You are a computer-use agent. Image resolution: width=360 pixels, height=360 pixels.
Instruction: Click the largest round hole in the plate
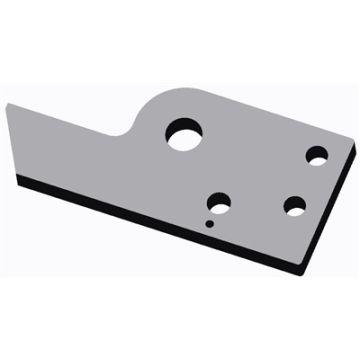pos(184,134)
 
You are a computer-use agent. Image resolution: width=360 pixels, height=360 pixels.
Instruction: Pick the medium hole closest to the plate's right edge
pos(318,157)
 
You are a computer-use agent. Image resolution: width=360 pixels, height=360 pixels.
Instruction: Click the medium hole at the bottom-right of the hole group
pos(294,206)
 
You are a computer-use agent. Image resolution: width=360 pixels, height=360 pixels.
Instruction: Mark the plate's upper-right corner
pos(354,151)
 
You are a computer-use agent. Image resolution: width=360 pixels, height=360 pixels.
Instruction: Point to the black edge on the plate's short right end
pos(330,215)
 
